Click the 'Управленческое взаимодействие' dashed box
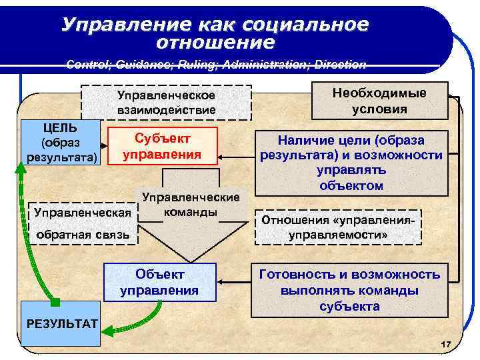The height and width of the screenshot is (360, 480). click(x=166, y=101)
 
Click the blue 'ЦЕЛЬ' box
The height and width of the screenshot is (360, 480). click(x=60, y=142)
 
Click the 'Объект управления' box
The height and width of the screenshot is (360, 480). click(x=159, y=282)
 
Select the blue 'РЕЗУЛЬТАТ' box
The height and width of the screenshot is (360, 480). click(x=61, y=324)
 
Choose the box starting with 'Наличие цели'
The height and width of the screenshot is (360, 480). click(x=351, y=162)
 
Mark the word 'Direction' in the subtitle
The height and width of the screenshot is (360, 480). click(x=340, y=65)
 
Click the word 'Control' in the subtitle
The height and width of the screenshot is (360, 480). click(x=85, y=65)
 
